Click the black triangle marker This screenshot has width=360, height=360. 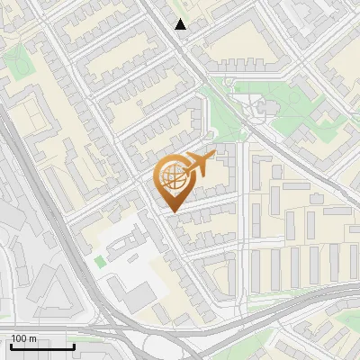tap(181, 24)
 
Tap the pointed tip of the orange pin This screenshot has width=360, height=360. tap(172, 211)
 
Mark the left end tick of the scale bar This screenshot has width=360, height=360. tap(10, 346)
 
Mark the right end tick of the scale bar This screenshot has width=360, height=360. tap(74, 346)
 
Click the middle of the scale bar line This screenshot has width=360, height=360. tap(41, 346)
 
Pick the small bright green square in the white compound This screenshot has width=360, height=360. tap(99, 261)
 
